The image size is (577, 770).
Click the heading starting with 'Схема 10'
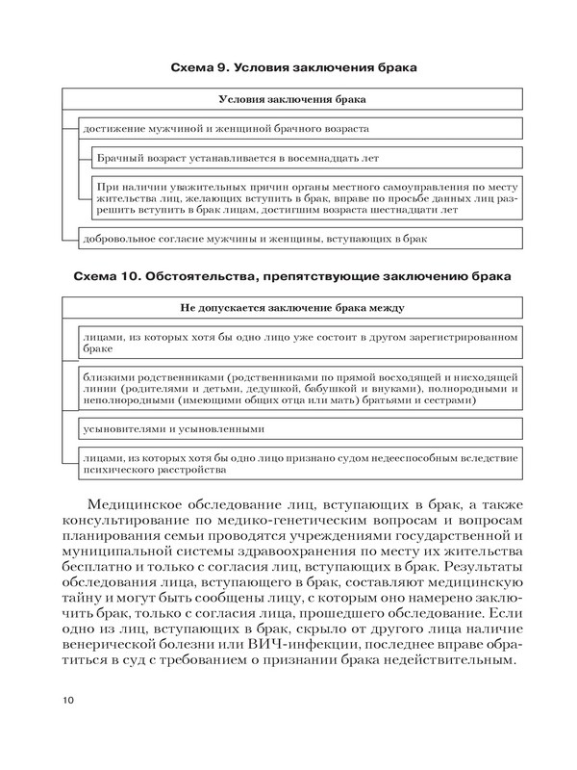point(291,276)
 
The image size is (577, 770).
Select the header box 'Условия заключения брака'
point(291,99)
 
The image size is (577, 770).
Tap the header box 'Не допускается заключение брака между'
point(291,308)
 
